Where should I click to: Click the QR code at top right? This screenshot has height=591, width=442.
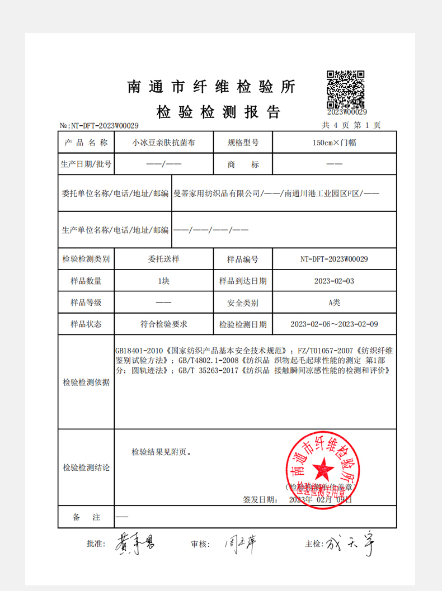pos(346,89)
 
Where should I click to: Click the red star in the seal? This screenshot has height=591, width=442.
pos(321,465)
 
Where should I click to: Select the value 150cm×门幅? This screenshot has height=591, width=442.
pos(335,143)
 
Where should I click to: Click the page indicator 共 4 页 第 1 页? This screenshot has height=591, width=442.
pos(351,125)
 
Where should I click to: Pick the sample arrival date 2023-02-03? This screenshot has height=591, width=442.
pos(334,281)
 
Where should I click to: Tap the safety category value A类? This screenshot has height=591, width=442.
pos(334,302)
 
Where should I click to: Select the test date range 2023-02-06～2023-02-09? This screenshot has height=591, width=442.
pos(334,324)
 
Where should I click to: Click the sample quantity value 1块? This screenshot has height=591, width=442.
pos(163,281)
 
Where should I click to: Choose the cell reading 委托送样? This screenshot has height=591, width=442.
pos(163,259)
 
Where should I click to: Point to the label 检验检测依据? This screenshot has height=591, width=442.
pos(86,383)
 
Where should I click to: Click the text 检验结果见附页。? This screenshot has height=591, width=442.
pos(162,451)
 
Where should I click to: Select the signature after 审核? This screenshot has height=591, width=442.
pos(239,543)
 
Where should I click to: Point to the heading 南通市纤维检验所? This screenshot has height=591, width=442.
pos(211,87)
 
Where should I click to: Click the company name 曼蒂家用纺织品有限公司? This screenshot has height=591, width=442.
pos(218,193)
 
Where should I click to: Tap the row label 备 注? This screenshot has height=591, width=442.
pos(86,517)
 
